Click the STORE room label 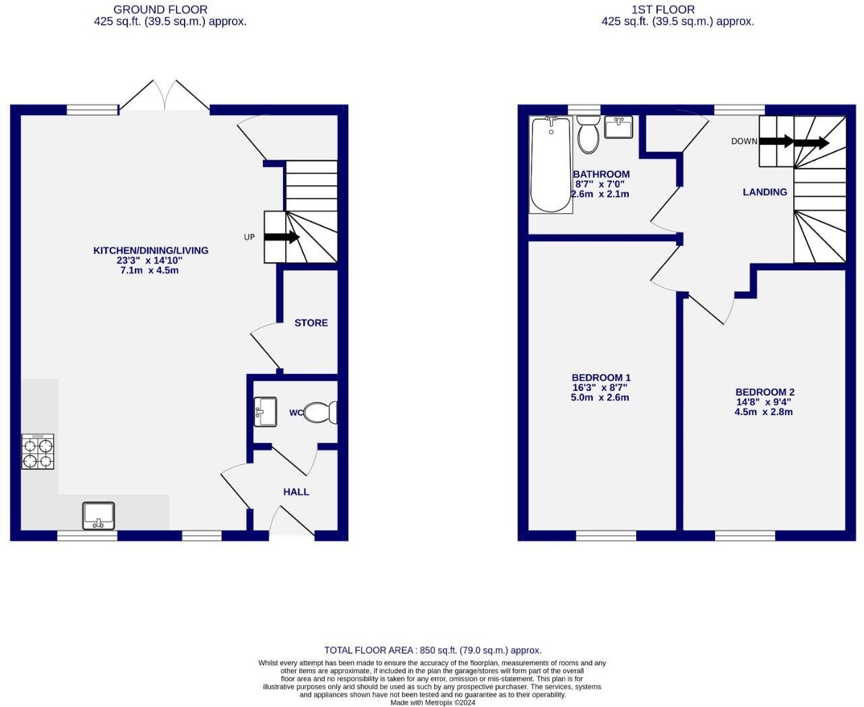pyautogui.click(x=311, y=323)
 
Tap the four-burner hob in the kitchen pyautogui.click(x=38, y=452)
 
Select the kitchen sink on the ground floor pyautogui.click(x=99, y=516)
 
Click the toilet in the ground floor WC pyautogui.click(x=320, y=412)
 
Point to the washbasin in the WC pyautogui.click(x=265, y=412)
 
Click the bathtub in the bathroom pyautogui.click(x=551, y=164)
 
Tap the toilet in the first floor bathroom pyautogui.click(x=589, y=134)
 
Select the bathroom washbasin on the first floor pyautogui.click(x=619, y=127)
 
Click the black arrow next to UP pyautogui.click(x=282, y=237)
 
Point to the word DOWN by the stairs pyautogui.click(x=744, y=142)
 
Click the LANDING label pyautogui.click(x=764, y=192)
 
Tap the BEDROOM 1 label pyautogui.click(x=600, y=377)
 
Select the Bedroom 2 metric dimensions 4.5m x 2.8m pyautogui.click(x=763, y=412)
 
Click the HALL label pyautogui.click(x=296, y=492)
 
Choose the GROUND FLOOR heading pyautogui.click(x=160, y=9)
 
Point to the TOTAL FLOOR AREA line pyautogui.click(x=432, y=650)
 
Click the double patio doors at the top pyautogui.click(x=164, y=96)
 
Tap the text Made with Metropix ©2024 pyautogui.click(x=432, y=702)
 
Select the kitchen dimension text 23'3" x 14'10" pyautogui.click(x=149, y=260)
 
